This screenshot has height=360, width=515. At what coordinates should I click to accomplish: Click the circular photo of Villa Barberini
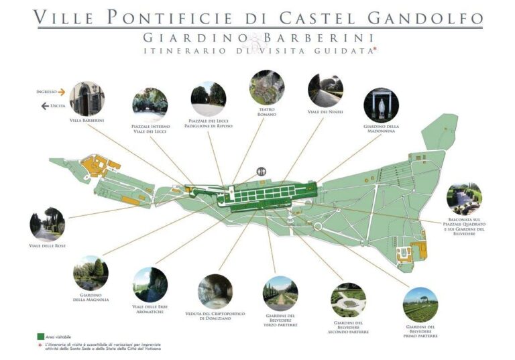[87, 99]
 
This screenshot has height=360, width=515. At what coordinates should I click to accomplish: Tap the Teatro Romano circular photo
[267, 87]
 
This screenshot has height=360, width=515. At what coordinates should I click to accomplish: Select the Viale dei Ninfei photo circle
[325, 90]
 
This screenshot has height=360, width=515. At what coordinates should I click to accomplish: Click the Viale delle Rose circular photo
[47, 224]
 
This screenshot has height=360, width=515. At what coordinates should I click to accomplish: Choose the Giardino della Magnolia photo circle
[91, 273]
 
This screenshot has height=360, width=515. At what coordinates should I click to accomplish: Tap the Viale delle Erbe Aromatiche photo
[150, 285]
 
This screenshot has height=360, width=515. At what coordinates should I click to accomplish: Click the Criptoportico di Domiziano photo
[215, 291]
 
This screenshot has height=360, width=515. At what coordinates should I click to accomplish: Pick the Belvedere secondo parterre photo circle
[349, 300]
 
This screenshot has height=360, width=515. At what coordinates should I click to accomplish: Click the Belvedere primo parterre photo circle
[420, 304]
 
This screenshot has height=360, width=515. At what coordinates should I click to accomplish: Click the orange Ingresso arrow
[61, 92]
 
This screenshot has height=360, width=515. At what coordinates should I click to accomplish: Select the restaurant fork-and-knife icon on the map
[260, 172]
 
